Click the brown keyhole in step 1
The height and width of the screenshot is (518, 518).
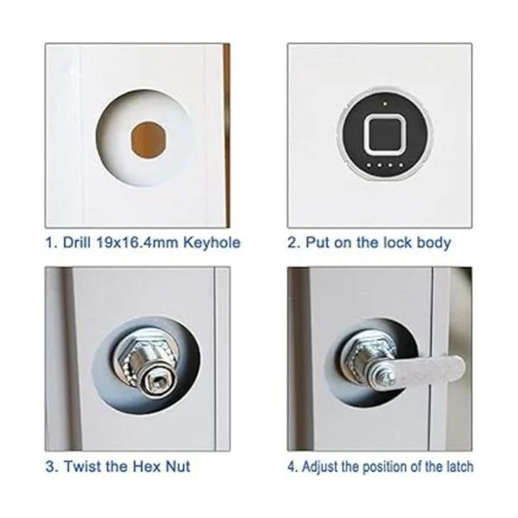(149, 141)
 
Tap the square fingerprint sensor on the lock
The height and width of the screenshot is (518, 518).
(385, 136)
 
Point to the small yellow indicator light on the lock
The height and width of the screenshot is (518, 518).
(385, 104)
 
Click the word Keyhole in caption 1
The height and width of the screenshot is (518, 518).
(212, 243)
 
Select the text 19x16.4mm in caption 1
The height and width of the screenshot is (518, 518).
(137, 243)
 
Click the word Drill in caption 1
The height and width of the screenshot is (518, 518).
(76, 243)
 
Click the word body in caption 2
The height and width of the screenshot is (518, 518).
(433, 243)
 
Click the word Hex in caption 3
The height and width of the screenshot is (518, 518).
(145, 466)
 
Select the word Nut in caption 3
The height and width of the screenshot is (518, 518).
(178, 466)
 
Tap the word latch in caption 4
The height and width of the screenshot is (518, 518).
(460, 467)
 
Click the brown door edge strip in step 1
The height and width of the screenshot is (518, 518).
(226, 136)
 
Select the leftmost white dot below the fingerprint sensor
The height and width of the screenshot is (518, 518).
(369, 165)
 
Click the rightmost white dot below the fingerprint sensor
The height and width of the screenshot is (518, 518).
(401, 165)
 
